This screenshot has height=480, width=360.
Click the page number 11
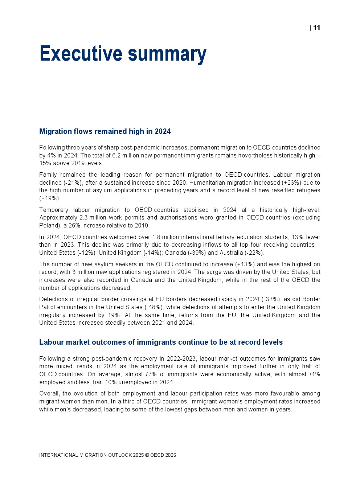pyautogui.click(x=316, y=28)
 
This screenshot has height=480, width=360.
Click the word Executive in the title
pyautogui.click(x=81, y=54)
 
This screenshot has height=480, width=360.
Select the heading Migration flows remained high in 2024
pyautogui.click(x=105, y=131)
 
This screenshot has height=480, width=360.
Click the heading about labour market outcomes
pyautogui.click(x=161, y=342)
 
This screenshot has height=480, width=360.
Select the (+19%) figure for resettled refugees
pyautogui.click(x=50, y=198)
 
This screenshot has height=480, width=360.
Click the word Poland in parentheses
pyautogui.click(x=48, y=225)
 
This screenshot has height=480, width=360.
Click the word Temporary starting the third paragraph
pyautogui.click(x=54, y=210)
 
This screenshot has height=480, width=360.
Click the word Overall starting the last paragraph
pyautogui.click(x=50, y=393)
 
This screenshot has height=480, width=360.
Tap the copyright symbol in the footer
pyautogui.click(x=147, y=455)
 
